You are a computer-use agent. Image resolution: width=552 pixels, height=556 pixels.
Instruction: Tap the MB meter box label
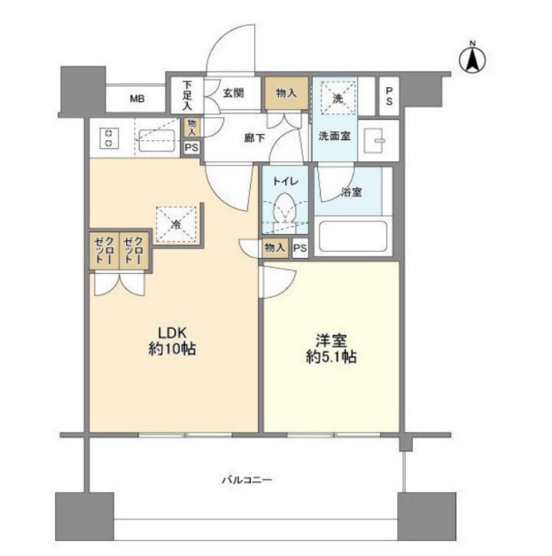pos(137,99)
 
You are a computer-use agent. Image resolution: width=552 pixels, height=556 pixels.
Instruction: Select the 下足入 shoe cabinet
pos(187,95)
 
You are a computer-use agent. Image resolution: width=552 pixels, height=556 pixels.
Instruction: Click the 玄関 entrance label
pos(234,93)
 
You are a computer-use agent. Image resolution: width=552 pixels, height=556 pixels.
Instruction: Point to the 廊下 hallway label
pos(254,138)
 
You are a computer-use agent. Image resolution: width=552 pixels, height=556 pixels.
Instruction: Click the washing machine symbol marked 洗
pos(338,98)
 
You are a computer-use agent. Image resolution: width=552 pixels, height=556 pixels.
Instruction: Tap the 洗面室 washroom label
pos(334,136)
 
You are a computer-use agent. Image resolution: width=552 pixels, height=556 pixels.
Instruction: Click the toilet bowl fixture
pos(284,209)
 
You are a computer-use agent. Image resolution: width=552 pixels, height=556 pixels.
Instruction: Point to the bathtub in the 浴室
pos(353,237)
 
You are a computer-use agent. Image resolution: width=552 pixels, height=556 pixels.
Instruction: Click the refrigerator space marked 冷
pos(176,224)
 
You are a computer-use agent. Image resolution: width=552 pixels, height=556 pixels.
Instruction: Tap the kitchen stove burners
pos(109,138)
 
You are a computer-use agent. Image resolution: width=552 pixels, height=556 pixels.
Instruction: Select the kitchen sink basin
pos(157,140)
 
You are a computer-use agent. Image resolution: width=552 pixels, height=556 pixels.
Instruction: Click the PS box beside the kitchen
pos(191,147)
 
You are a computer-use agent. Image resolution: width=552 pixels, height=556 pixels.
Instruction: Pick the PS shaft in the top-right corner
pos(389,96)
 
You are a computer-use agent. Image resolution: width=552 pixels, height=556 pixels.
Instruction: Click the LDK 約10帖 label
pos(172,341)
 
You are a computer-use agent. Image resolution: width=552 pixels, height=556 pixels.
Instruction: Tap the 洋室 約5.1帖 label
pos(330,348)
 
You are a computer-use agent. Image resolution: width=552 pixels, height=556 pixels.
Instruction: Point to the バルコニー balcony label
pos(247,480)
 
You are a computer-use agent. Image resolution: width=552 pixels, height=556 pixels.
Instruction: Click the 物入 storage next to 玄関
pos(286,93)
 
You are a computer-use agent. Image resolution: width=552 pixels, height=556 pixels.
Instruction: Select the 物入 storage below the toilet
pos(275,247)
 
